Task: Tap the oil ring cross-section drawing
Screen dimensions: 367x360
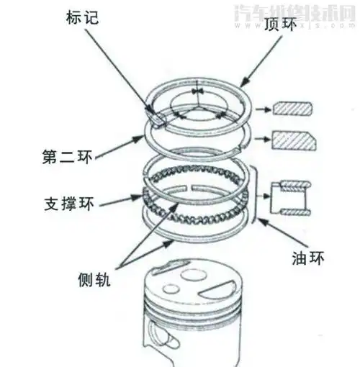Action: (x=291, y=201)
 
